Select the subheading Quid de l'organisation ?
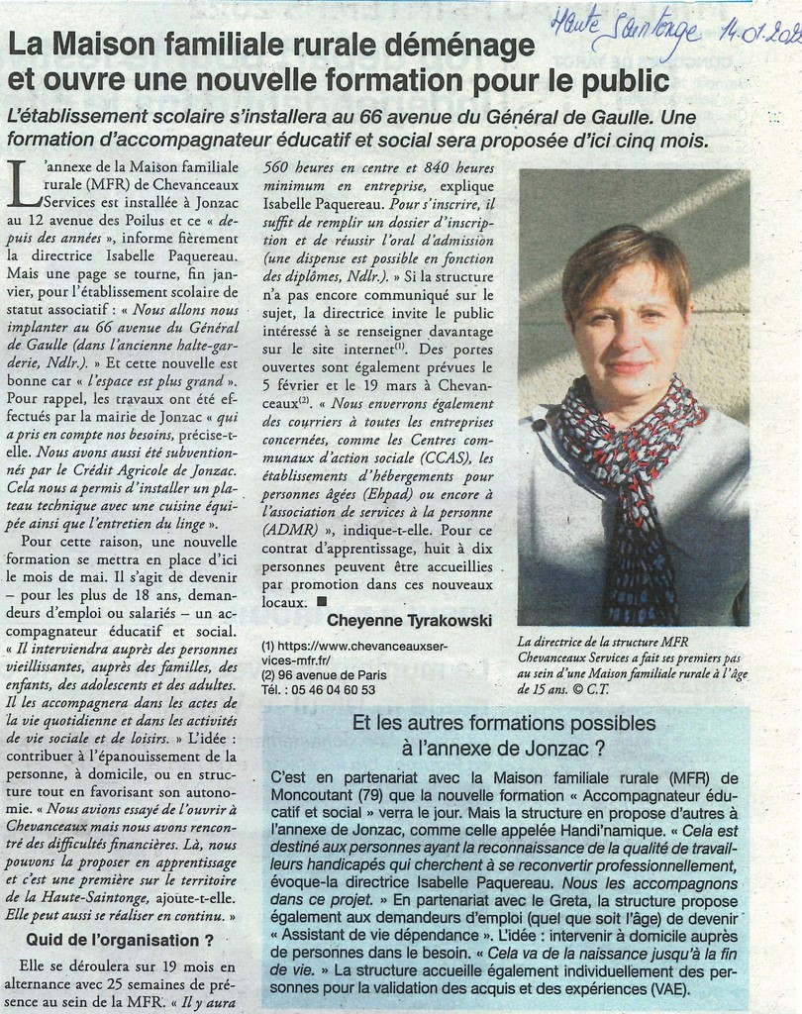(120, 939)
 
